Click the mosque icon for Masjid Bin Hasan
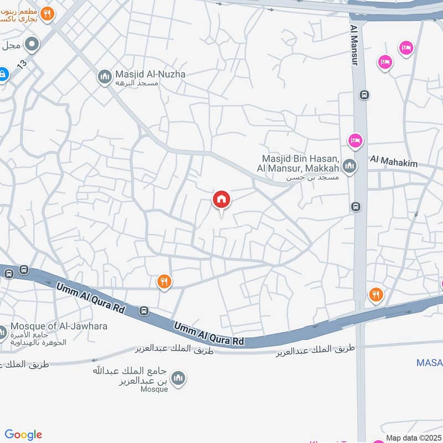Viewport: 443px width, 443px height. click(x=349, y=165)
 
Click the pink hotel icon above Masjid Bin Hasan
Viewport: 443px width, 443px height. click(x=356, y=141)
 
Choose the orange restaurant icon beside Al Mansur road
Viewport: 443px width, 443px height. click(x=376, y=294)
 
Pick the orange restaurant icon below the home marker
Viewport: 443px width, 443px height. click(x=163, y=282)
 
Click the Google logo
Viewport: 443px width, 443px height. click(x=23, y=435)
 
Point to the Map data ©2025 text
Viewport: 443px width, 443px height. click(x=413, y=438)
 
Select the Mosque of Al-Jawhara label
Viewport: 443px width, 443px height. click(x=59, y=326)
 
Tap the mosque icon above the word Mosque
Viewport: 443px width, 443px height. click(x=178, y=378)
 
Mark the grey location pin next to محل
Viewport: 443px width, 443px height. click(x=33, y=44)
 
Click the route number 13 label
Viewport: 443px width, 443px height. click(x=22, y=65)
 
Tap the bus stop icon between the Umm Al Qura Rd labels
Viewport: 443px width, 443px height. click(x=144, y=311)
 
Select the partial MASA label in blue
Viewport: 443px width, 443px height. click(x=430, y=363)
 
